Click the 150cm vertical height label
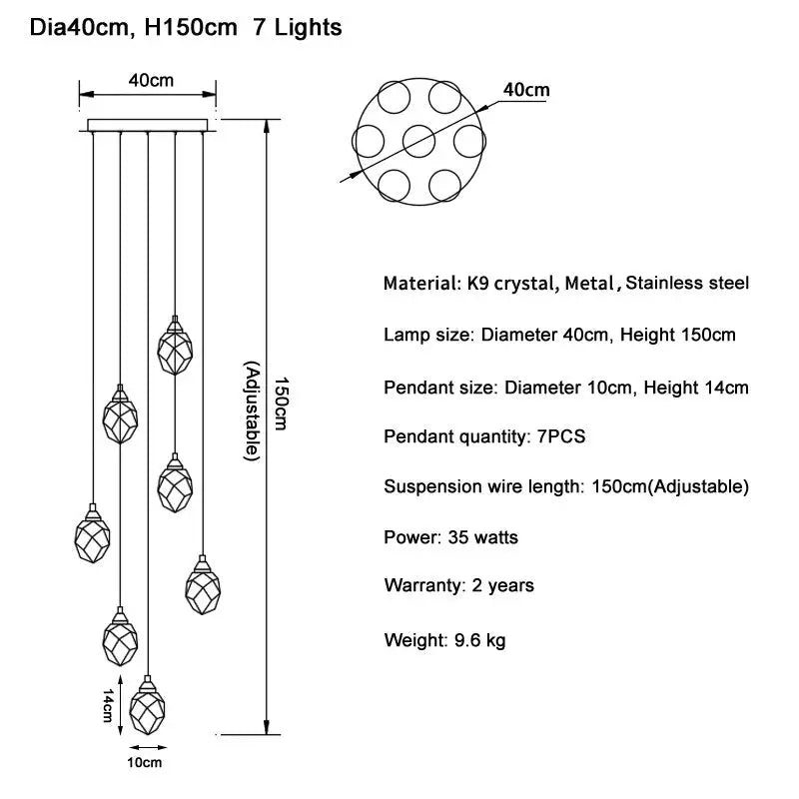(281, 403)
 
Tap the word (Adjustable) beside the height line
(253, 411)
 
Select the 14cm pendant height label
(108, 705)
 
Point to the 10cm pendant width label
(144, 763)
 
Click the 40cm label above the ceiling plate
(151, 81)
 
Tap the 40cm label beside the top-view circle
(526, 90)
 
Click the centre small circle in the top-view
(418, 141)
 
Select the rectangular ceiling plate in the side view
(148, 125)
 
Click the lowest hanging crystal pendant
(147, 705)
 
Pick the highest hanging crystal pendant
(175, 345)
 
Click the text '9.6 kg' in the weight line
(480, 640)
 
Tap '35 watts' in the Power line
(483, 537)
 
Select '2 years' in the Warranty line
(503, 585)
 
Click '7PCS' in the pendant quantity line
(561, 436)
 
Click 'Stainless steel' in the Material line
(687, 283)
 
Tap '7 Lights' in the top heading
(297, 28)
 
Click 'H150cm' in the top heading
(191, 27)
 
